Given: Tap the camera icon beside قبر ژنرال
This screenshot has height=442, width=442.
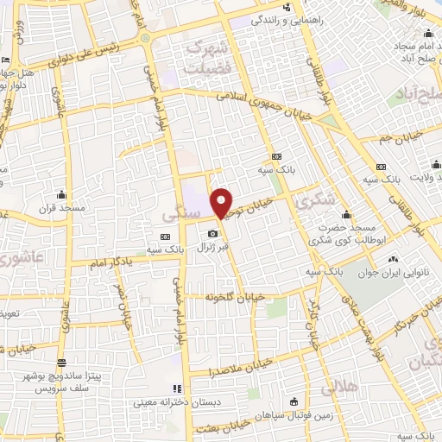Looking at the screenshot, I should click(x=212, y=234).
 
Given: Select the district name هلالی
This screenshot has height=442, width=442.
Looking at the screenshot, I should click(x=339, y=388).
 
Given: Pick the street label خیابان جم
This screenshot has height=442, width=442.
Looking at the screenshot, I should click(x=401, y=135).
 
